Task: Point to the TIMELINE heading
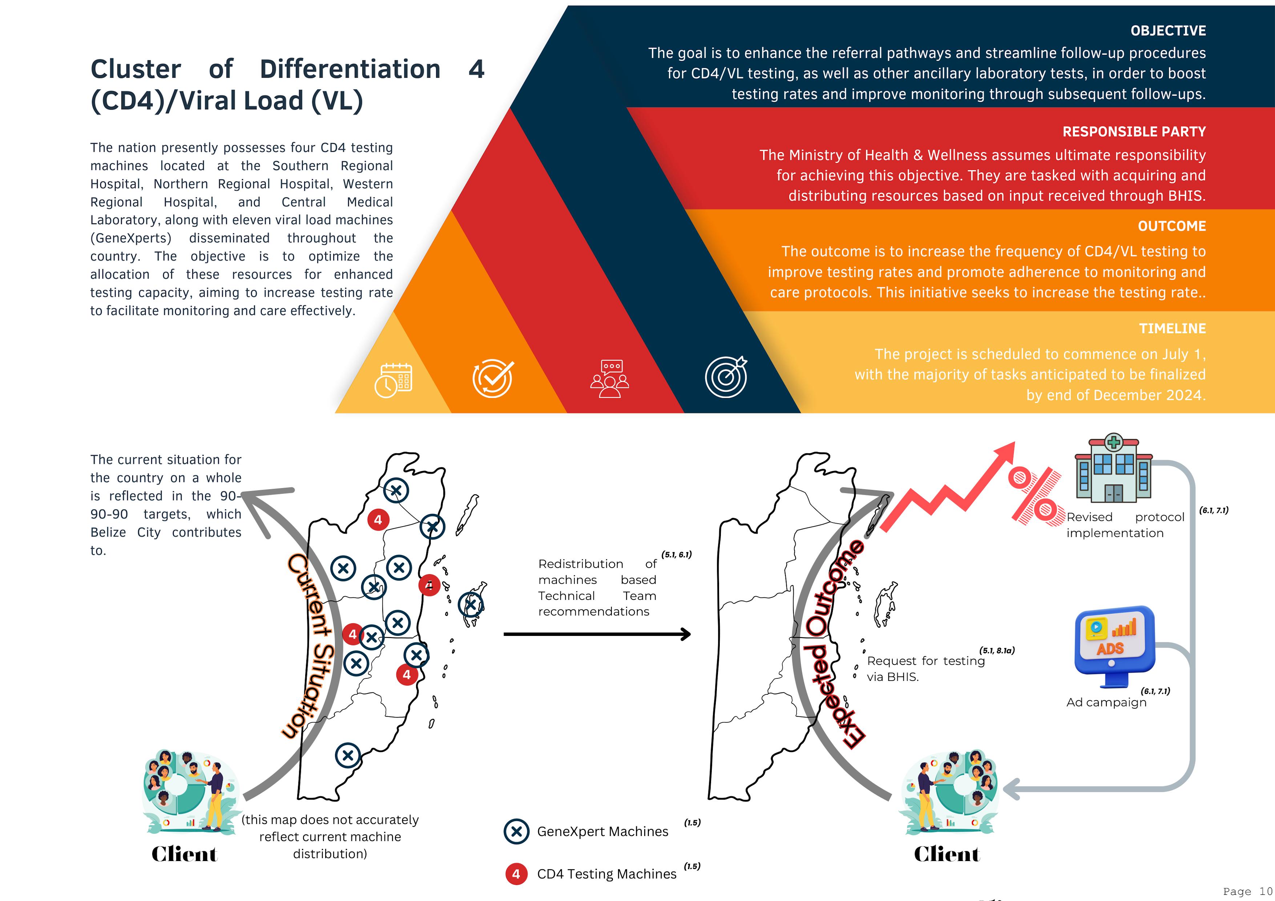coord(1172,329)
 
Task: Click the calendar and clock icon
coord(393,380)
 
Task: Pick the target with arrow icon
coord(726,377)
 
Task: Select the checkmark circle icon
coord(493,379)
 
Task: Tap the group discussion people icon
coord(609,379)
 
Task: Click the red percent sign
coord(1033,496)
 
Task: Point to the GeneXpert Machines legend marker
coord(516,831)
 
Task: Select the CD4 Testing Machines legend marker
coord(516,874)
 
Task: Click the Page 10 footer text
coord(1247,891)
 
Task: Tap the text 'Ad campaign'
coord(1106,702)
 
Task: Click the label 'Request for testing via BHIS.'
coord(925,668)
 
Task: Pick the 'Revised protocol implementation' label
coord(1125,525)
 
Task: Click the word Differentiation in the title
coord(350,69)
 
